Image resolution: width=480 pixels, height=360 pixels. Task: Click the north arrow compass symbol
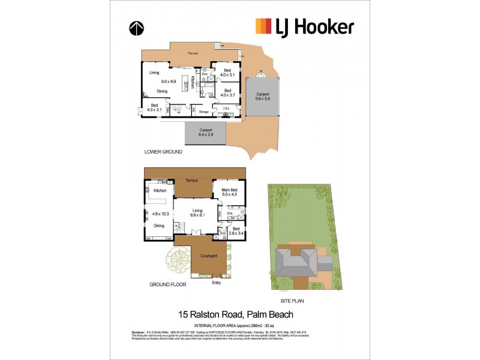click(136, 28)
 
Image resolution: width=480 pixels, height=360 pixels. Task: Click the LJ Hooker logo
click(304, 26)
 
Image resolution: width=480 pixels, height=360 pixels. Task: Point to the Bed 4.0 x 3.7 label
click(227, 92)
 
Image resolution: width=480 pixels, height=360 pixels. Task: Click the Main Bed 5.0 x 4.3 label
click(230, 193)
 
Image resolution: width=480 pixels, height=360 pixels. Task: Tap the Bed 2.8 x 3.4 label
click(236, 232)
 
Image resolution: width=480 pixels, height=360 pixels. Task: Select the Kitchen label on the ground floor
click(160, 191)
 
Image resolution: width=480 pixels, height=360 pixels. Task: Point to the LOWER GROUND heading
click(162, 152)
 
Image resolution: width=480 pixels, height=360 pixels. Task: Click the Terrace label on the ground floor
click(191, 180)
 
